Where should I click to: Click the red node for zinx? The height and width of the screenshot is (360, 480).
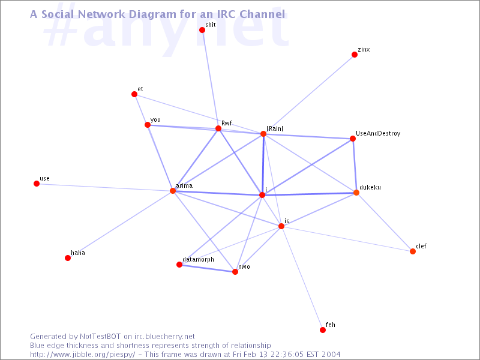tap(355, 55)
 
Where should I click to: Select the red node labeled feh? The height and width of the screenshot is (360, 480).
tap(323, 329)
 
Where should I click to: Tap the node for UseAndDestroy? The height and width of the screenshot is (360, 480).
tap(353, 139)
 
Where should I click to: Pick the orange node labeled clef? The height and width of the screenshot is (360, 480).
tap(413, 251)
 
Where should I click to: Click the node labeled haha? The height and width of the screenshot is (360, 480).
tap(68, 258)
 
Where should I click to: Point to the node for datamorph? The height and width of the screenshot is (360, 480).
tap(179, 265)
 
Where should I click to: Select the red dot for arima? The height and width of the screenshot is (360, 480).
tap(173, 191)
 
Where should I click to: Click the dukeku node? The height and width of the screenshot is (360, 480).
tap(356, 193)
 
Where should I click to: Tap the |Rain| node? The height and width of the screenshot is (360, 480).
tap(263, 134)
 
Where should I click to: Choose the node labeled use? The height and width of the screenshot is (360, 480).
tap(37, 184)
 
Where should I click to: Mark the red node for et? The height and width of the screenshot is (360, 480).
tap(134, 94)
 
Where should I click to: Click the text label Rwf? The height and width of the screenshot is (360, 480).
tap(227, 123)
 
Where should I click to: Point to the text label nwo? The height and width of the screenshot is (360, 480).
tap(244, 267)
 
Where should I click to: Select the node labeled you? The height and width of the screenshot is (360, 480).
tap(148, 125)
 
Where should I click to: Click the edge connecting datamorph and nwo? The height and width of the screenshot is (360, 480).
tap(207, 268)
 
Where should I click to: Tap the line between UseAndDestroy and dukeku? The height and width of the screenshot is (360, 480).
tap(355, 166)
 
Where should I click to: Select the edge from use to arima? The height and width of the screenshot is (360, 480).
tap(104, 187)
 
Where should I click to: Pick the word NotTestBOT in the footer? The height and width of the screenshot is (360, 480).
tap(100, 337)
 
